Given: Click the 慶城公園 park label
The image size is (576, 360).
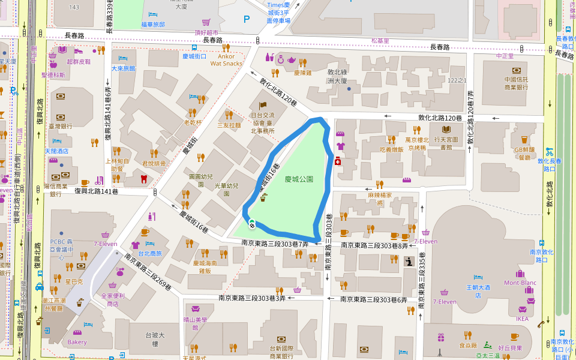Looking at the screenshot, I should [299, 179].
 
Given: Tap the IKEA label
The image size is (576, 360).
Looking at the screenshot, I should [523, 319].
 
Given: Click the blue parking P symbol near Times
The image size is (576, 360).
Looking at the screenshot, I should [247, 19].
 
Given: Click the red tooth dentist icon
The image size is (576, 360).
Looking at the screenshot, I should [143, 178].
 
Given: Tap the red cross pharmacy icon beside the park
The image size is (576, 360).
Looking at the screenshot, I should [338, 161].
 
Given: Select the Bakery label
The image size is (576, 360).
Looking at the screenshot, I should [77, 342].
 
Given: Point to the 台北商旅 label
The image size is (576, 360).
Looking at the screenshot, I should [149, 253].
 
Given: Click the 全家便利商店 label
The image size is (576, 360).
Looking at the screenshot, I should [113, 299].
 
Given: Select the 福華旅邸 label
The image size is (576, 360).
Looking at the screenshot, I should [152, 25].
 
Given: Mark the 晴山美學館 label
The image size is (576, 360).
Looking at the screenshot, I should [195, 324].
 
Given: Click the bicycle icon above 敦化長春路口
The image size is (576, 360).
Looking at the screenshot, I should [548, 152].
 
